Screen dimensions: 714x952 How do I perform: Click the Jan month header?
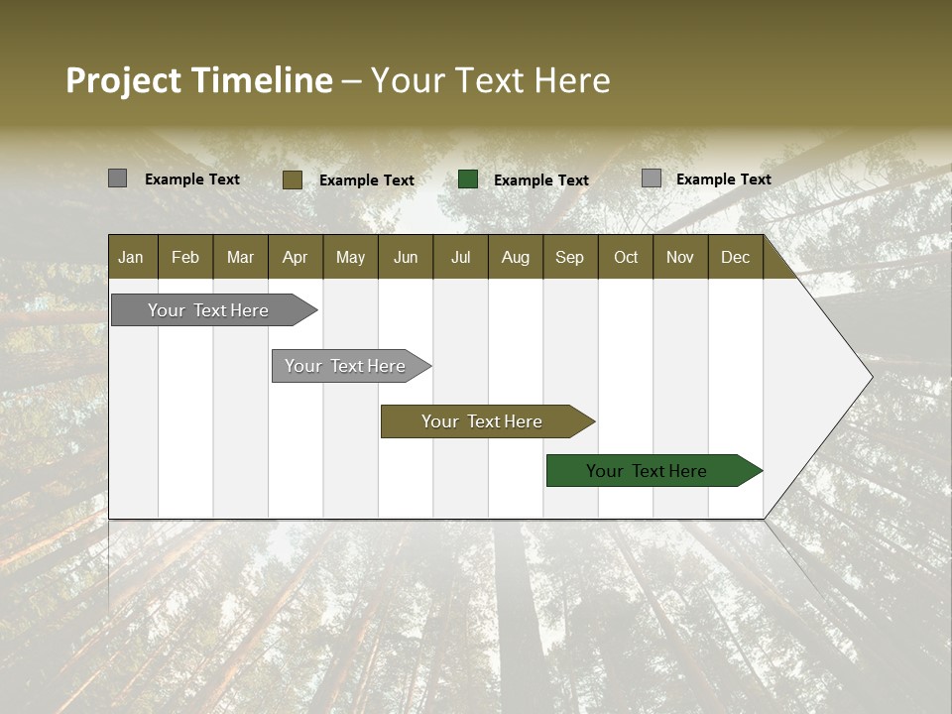click(131, 257)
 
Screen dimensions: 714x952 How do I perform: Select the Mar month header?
click(240, 257)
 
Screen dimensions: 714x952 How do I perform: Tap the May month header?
click(350, 257)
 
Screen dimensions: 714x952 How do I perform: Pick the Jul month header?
click(460, 257)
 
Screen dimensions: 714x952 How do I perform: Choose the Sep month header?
click(569, 257)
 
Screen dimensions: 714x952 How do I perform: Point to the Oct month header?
click(626, 257)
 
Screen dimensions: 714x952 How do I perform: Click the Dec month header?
click(735, 257)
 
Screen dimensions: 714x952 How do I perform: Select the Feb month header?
click(185, 257)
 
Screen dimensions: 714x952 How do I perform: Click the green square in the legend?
click(468, 179)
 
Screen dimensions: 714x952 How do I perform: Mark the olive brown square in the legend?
click(293, 179)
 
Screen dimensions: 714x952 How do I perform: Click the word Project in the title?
click(124, 80)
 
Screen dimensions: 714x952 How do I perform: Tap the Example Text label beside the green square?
click(540, 179)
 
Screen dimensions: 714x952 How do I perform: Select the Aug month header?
click(515, 257)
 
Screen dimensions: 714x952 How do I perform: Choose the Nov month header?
click(679, 257)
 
